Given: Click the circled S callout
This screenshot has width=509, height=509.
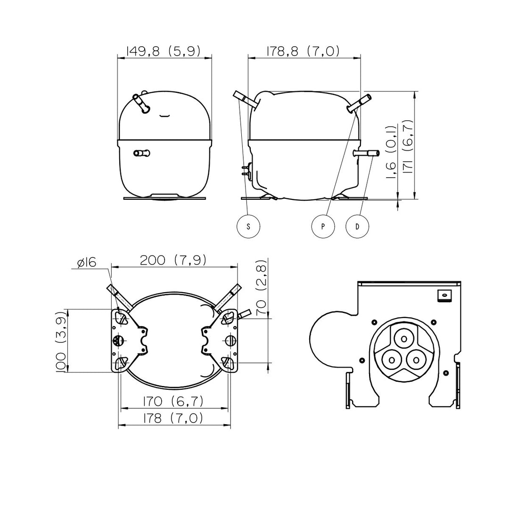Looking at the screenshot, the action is pyautogui.click(x=248, y=226).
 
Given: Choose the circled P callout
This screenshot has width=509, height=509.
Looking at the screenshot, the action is pyautogui.click(x=323, y=226).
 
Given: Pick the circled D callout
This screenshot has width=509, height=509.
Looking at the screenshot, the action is pyautogui.click(x=357, y=226).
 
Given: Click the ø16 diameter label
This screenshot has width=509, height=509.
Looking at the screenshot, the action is pyautogui.click(x=87, y=263).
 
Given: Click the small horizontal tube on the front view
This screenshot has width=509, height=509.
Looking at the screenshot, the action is pyautogui.click(x=141, y=153).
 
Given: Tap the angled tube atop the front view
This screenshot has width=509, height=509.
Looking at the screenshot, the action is pyautogui.click(x=141, y=103).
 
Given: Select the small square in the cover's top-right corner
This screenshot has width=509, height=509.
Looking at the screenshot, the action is pyautogui.click(x=444, y=296).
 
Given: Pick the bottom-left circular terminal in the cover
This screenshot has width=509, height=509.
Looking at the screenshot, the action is pyautogui.click(x=392, y=360).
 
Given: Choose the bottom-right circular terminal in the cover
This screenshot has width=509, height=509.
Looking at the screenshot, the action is pyautogui.click(x=416, y=360).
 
